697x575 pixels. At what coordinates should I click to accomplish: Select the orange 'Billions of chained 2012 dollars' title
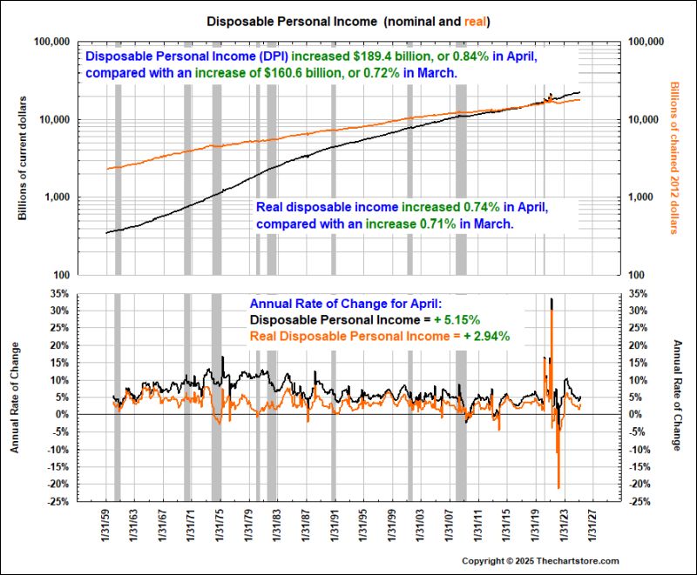coord(673,157)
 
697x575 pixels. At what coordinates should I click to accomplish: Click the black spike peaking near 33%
coord(552,301)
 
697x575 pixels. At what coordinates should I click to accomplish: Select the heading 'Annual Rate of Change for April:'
coord(346,304)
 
